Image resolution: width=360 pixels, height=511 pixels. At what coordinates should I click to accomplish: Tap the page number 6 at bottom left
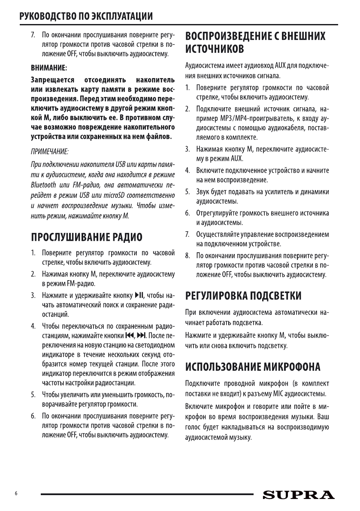pos(16,494)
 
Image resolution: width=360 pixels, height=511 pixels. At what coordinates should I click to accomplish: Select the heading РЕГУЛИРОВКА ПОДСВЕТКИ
pos(242,296)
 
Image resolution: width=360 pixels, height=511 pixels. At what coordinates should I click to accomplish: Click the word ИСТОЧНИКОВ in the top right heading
pos(215,48)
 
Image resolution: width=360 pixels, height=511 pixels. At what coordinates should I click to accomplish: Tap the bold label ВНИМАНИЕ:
pos(48,68)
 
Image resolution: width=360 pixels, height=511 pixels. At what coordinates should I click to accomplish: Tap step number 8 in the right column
pos(187,256)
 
